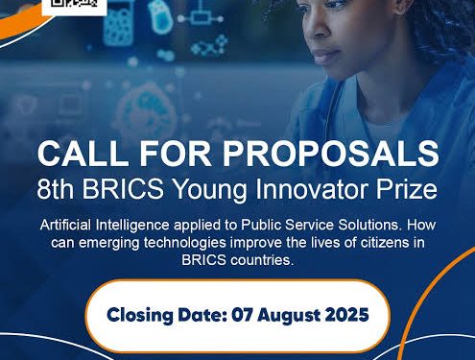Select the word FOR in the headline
[x=175, y=155]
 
